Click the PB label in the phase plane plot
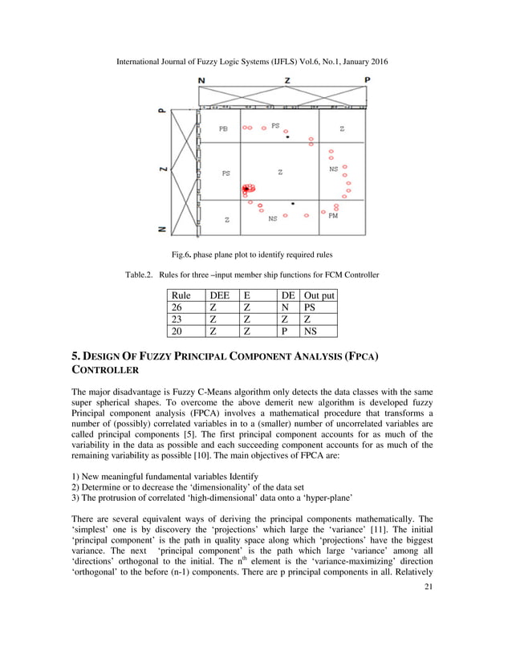click(224, 128)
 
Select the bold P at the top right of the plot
click(367, 80)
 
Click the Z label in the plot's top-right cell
click(342, 128)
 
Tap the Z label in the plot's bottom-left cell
click(226, 218)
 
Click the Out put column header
click(319, 295)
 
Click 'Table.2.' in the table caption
click(142, 275)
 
